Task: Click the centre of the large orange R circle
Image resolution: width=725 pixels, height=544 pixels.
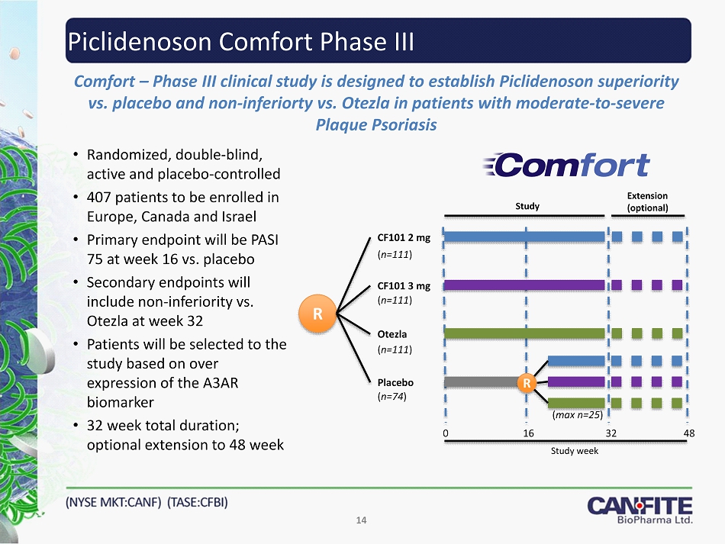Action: [317, 314]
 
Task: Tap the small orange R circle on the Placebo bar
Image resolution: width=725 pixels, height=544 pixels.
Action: [526, 383]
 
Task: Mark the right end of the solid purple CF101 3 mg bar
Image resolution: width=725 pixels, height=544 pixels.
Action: [604, 285]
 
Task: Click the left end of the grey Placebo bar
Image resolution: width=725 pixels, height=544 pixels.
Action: [444, 382]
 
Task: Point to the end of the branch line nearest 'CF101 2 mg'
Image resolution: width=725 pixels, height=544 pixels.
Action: [370, 238]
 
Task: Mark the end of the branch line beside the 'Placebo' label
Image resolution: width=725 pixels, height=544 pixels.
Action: [371, 383]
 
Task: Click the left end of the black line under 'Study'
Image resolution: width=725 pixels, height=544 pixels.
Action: [445, 216]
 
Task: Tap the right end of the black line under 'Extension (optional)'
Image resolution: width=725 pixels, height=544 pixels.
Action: [685, 216]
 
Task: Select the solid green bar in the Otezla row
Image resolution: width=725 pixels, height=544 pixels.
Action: [524, 333]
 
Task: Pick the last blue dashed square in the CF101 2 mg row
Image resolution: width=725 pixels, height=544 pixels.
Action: [678, 237]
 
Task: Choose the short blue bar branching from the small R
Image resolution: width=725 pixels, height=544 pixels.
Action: [576, 361]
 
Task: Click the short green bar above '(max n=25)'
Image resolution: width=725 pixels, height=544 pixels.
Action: [576, 403]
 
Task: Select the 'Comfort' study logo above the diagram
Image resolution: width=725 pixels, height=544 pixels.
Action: [566, 165]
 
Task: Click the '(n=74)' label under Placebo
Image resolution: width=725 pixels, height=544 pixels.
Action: [392, 397]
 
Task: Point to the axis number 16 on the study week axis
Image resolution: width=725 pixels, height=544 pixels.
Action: [529, 433]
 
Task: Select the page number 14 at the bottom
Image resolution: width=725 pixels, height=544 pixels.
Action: [361, 520]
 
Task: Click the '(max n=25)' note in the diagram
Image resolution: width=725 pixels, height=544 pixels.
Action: [578, 415]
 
